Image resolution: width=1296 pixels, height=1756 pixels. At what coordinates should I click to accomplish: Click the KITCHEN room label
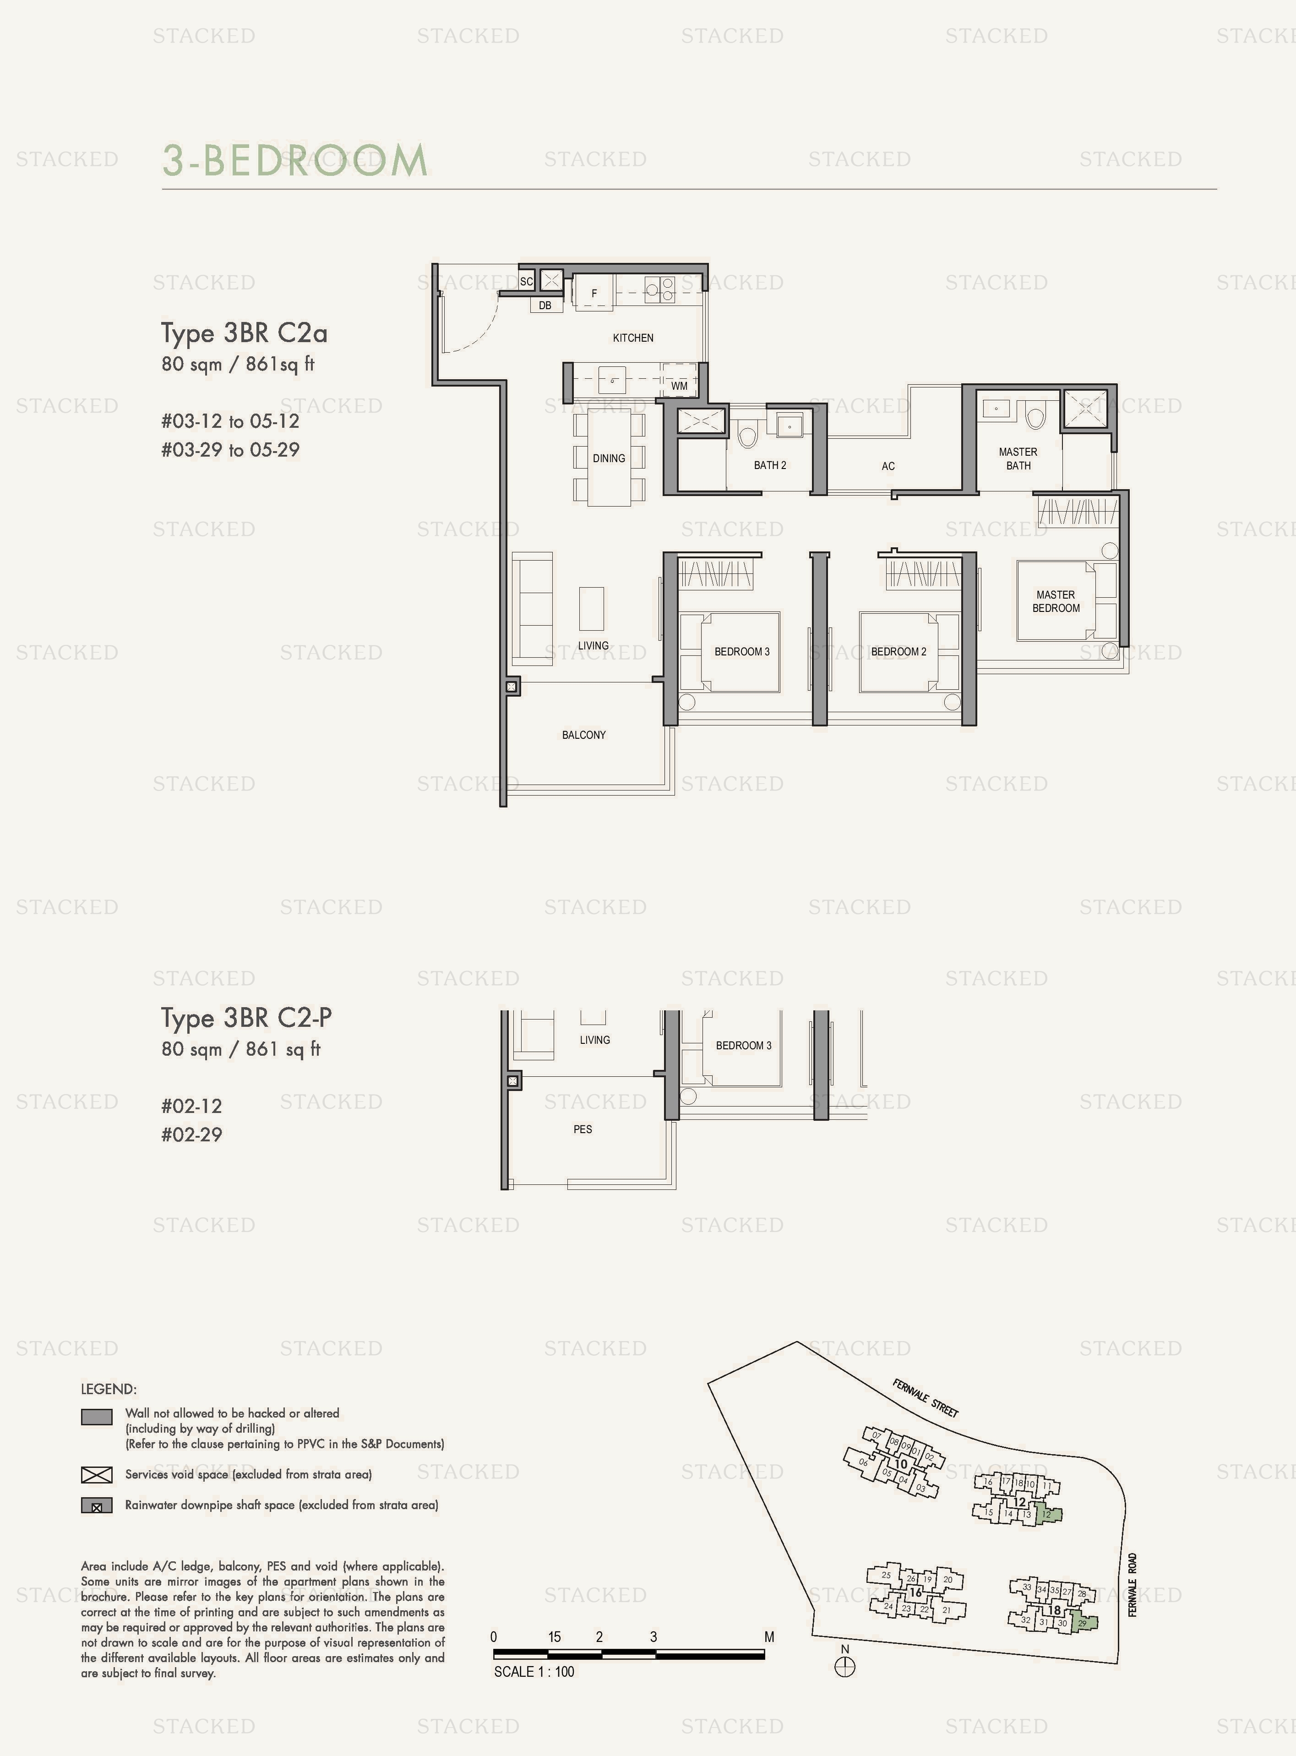pos(632,338)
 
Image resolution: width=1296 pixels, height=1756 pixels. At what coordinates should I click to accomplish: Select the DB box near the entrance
pos(545,305)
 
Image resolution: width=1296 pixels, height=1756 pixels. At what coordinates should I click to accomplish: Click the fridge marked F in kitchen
pos(594,294)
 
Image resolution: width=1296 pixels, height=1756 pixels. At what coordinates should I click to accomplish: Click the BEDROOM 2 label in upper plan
pos(898,651)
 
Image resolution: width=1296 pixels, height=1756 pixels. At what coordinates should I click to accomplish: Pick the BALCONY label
pos(584,734)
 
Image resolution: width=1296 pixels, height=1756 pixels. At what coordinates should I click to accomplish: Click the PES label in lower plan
pos(582,1129)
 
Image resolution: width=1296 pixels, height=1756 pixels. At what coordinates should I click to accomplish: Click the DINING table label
pos(609,458)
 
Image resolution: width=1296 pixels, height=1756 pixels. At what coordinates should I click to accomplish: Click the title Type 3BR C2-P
pos(246,1018)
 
